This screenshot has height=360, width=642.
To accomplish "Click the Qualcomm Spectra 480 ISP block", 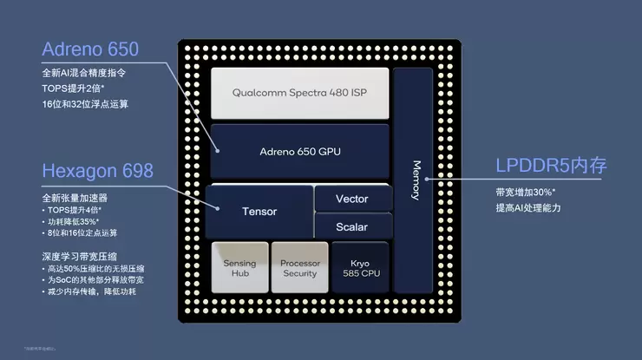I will coord(299,92).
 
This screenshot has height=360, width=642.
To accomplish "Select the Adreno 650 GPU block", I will coord(299,151).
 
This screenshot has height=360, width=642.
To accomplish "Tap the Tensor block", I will coord(259,211).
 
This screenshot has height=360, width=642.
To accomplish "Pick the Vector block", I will coord(351,199).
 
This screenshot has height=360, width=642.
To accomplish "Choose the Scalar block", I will coord(351,227).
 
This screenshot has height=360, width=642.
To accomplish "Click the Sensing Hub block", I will coord(239,267).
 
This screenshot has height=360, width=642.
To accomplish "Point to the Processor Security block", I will coord(299,267).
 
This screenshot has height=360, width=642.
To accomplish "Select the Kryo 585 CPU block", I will coord(359,267).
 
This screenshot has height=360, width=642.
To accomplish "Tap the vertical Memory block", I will coord(413,180).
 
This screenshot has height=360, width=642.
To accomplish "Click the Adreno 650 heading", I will coord(89,49).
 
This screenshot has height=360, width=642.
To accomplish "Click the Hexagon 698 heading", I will coord(97,170).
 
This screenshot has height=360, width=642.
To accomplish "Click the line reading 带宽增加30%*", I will coord(526,192).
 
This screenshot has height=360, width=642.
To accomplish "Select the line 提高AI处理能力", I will coord(528,208).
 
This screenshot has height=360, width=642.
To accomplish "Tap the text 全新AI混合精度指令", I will coord(85,72).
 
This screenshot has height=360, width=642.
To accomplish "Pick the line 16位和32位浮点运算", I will coord(85,103).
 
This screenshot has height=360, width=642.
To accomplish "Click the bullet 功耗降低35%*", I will coord(75,221).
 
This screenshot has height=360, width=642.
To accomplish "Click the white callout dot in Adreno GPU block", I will coord(217,151).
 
